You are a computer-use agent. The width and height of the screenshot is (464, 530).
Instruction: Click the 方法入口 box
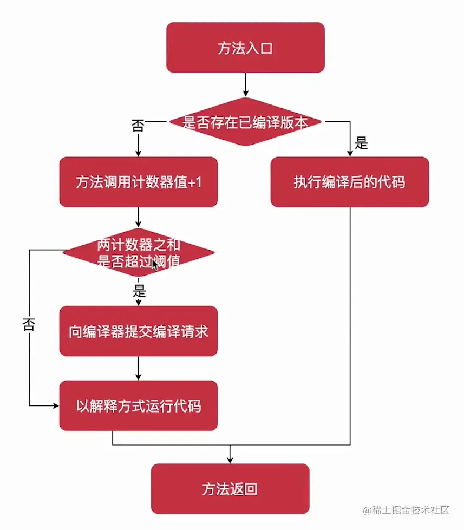click(x=245, y=48)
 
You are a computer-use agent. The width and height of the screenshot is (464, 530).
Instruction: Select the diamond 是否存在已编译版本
click(x=245, y=122)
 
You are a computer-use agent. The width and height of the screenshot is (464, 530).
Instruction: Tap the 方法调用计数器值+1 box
click(x=138, y=182)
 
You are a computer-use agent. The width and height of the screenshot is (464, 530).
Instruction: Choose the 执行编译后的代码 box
click(x=349, y=182)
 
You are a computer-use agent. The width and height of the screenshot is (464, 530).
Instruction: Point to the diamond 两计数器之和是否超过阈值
click(x=138, y=252)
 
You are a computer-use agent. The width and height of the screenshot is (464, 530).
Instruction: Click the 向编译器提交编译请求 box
click(x=138, y=331)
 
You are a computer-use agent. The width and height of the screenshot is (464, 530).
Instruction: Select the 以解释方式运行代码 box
click(x=138, y=405)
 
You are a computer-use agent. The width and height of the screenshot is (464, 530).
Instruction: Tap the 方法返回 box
click(x=230, y=489)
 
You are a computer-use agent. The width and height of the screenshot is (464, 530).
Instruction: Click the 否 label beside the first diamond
click(x=138, y=126)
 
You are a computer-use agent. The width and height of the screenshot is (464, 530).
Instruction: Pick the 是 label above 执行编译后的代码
click(x=361, y=143)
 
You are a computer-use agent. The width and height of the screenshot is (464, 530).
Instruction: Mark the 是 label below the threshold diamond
click(x=140, y=291)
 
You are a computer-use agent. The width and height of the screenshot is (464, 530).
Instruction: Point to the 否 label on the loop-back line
click(x=29, y=324)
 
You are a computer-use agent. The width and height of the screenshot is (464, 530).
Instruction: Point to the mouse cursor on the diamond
click(x=155, y=265)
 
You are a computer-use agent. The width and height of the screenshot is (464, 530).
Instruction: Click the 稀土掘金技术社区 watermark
click(x=407, y=510)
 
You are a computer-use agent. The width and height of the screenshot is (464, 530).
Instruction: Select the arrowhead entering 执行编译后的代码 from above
click(x=350, y=153)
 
